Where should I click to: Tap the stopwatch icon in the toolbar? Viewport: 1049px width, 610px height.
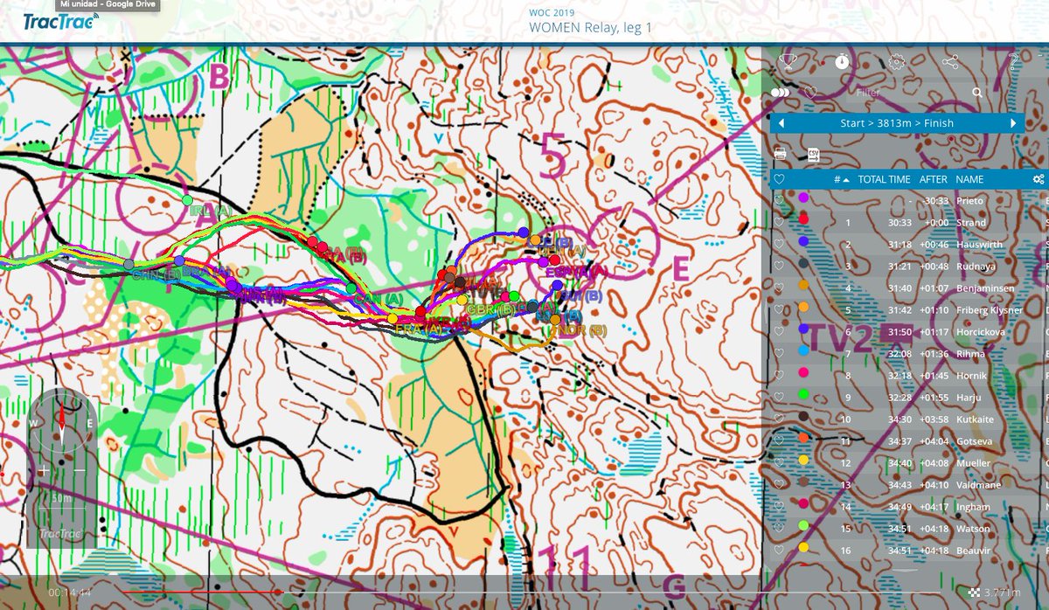[842, 61]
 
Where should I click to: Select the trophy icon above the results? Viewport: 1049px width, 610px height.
[788, 61]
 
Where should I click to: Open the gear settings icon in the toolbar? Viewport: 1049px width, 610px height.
[896, 62]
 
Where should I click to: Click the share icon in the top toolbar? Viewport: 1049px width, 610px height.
[951, 62]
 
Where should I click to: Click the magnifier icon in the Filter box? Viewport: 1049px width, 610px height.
[976, 92]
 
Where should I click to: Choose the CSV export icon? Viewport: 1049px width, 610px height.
[812, 154]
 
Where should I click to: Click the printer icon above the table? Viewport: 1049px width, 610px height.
[781, 154]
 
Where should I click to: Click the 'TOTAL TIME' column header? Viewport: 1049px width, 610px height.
[884, 179]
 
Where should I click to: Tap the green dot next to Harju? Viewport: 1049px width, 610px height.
[803, 398]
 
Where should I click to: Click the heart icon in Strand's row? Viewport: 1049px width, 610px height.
[780, 223]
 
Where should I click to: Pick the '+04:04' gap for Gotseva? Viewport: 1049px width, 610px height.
[934, 441]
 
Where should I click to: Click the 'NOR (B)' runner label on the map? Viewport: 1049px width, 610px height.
[586, 330]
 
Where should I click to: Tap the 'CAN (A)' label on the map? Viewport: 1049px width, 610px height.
[379, 299]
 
